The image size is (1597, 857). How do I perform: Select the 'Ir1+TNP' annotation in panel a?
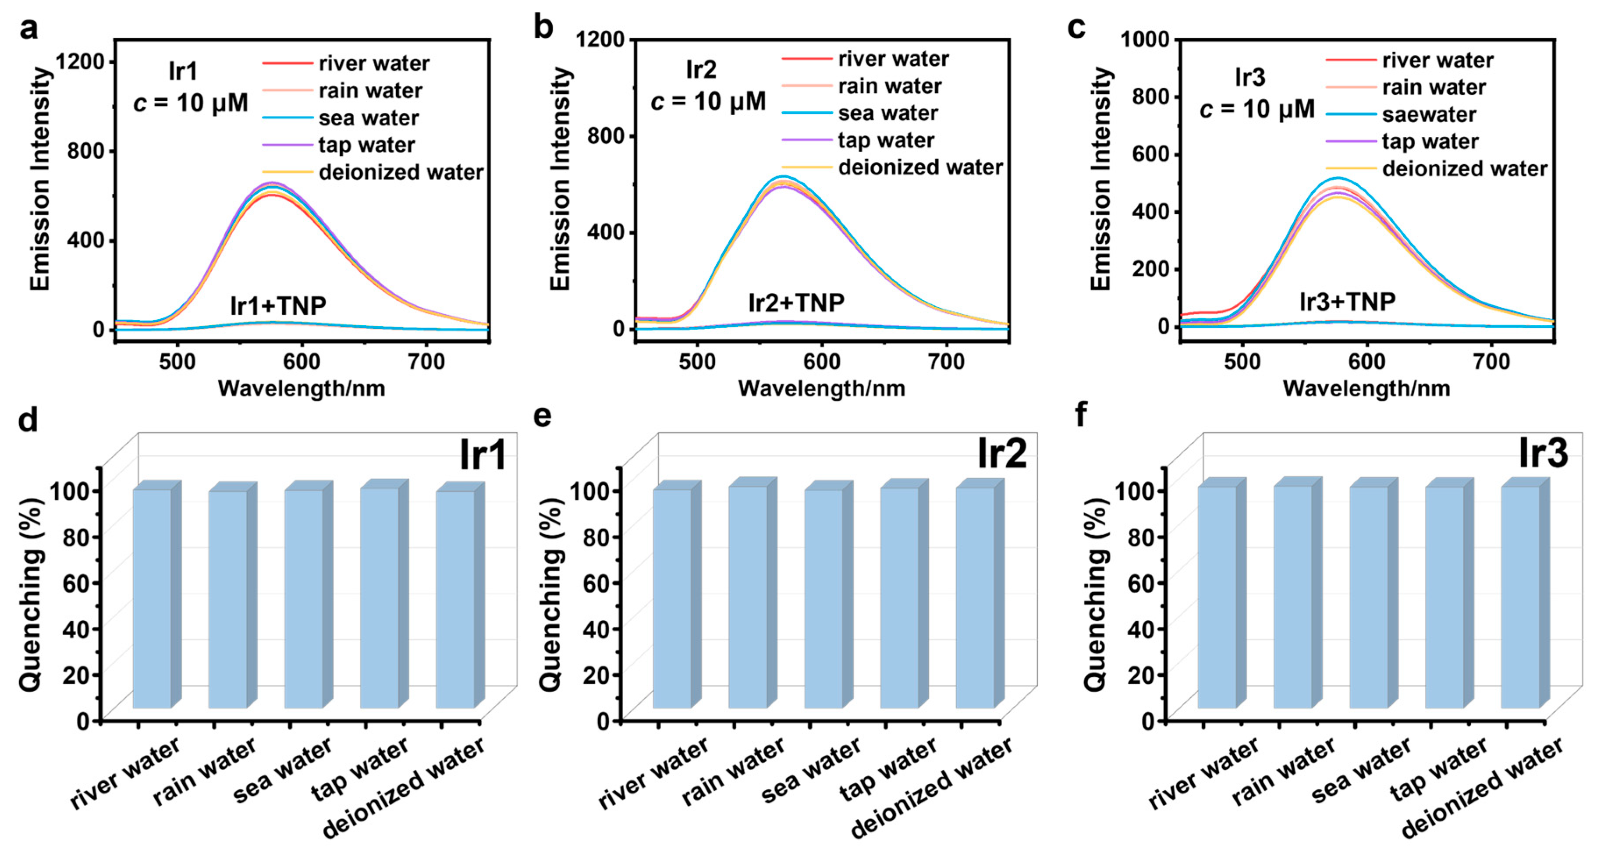pos(278,306)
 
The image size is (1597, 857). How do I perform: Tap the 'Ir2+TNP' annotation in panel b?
pos(796,302)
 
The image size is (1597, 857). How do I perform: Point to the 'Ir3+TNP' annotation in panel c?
pos(1347,302)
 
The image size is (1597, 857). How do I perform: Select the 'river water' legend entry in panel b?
pos(893,59)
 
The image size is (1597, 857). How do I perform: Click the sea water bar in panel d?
pos(304,598)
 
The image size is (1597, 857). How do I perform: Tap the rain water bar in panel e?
pos(748,597)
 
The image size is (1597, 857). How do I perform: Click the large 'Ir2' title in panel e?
pos(1002,453)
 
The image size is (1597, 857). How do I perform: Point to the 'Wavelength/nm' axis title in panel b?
pos(821,389)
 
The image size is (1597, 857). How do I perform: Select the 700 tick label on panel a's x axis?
pos(426,362)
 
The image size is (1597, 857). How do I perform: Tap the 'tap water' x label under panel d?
pos(359,769)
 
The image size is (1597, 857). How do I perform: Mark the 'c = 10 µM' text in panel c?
pos(1256,109)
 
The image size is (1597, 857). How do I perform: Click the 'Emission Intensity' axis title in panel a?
pos(40,179)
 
